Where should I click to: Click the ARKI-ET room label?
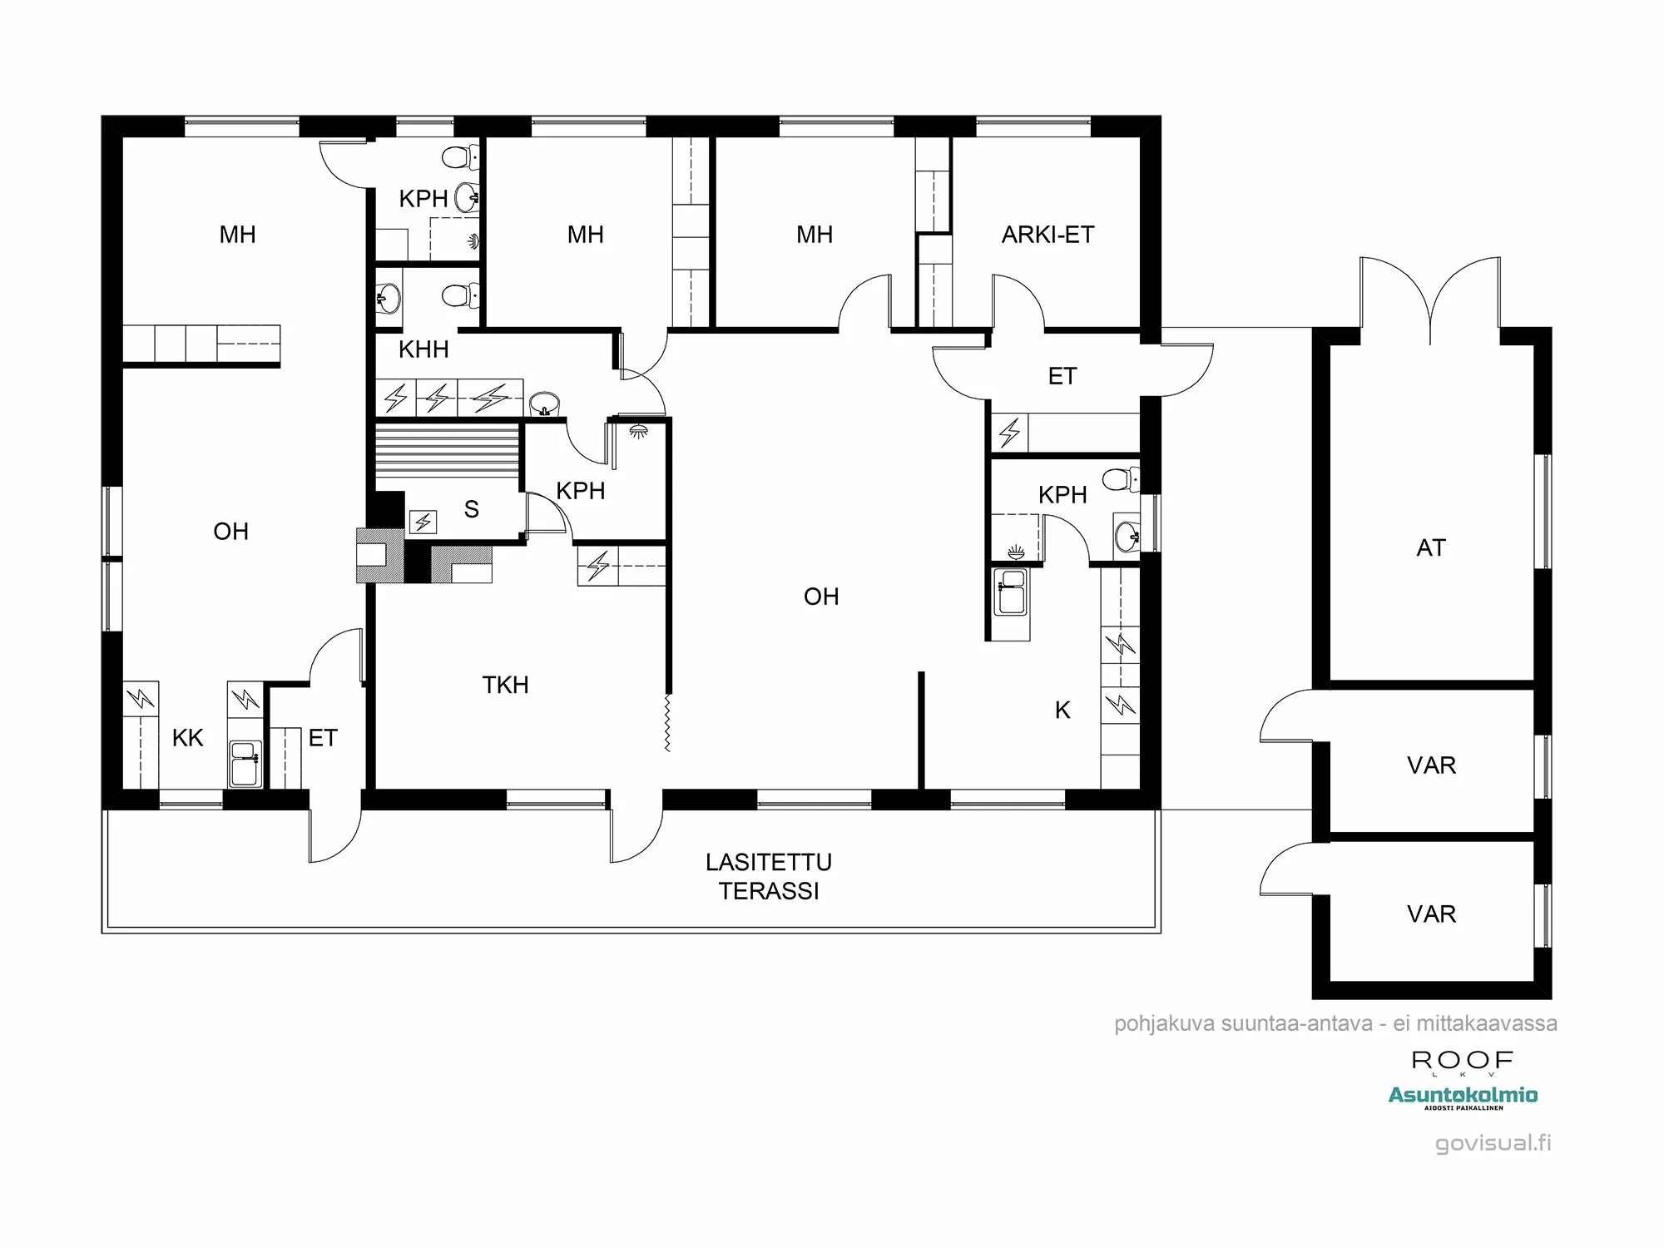(x=1047, y=235)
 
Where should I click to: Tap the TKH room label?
(x=505, y=685)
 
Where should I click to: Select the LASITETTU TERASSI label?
(x=769, y=876)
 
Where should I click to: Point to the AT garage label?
(x=1431, y=547)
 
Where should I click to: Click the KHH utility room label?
(x=423, y=349)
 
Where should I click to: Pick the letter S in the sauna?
(x=472, y=509)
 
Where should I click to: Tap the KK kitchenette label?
(x=187, y=738)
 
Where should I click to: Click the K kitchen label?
(x=1062, y=710)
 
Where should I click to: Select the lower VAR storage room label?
(x=1431, y=914)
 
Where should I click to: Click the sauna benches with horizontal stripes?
(x=447, y=450)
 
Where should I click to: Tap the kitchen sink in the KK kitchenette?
(x=245, y=763)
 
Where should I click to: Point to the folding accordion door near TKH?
(x=667, y=723)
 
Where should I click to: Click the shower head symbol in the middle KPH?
(x=639, y=431)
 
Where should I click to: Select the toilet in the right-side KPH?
(x=1119, y=479)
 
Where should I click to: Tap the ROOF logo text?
(x=1462, y=1061)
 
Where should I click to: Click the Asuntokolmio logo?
(x=1463, y=1096)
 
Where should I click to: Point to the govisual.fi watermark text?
(x=1493, y=1143)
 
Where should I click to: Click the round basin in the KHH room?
(x=544, y=404)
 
